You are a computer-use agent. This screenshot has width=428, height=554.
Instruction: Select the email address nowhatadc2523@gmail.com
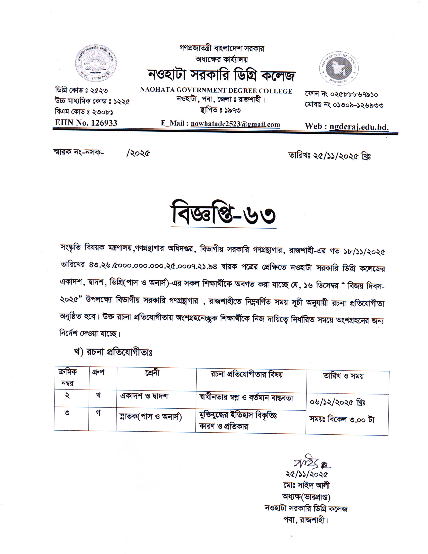point(235,124)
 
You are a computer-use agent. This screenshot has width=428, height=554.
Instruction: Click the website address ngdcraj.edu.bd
point(359,126)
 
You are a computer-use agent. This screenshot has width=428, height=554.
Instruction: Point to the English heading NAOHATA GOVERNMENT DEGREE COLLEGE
point(216,91)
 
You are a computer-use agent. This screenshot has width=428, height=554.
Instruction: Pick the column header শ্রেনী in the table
point(152,373)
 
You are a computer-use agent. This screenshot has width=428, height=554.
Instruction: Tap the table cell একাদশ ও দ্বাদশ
point(144,396)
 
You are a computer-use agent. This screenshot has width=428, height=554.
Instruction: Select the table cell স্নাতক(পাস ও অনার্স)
point(151,417)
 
